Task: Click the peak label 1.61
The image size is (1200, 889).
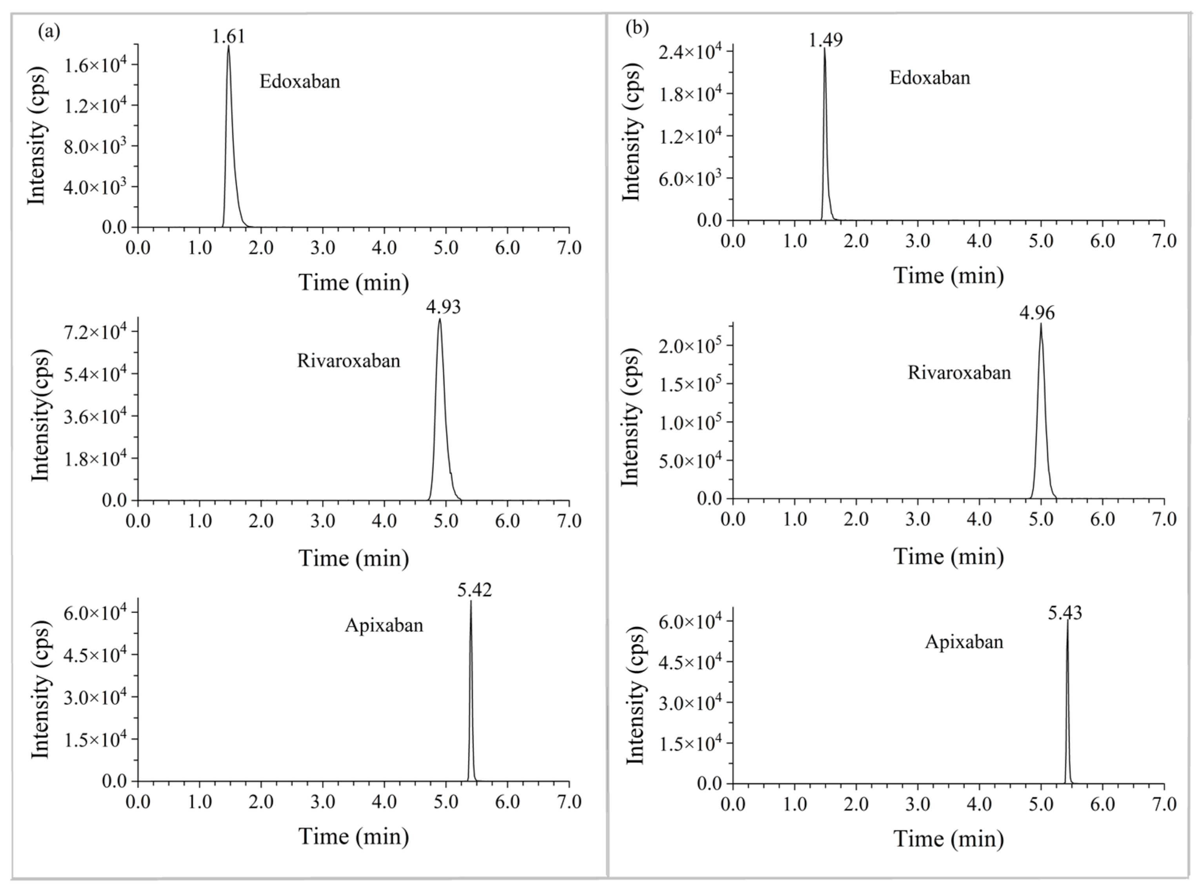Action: pos(228,36)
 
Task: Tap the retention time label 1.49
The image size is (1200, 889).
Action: pos(825,40)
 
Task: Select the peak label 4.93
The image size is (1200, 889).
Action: pos(444,307)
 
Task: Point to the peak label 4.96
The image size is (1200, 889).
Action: pos(1036,313)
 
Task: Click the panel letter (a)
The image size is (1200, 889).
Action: pos(49,31)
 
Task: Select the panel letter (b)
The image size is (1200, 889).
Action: pos(637,27)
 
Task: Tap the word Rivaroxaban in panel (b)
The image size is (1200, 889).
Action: pos(959,372)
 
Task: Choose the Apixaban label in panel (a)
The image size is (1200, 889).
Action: pos(384,625)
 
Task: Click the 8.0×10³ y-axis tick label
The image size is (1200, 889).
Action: pos(95,146)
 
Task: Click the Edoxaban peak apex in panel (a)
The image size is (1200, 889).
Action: pos(228,46)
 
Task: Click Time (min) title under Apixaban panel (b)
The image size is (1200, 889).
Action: pos(949,839)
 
